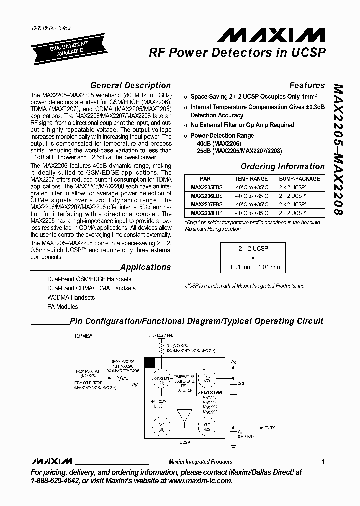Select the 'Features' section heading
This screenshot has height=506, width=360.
pyautogui.click(x=307, y=85)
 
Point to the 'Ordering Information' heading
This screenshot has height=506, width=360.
pyautogui.click(x=282, y=167)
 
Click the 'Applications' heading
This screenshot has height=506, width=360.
pyautogui.click(x=145, y=267)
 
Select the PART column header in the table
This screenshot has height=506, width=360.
pyautogui.click(x=207, y=179)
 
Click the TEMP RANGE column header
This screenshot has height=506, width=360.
pyautogui.click(x=251, y=179)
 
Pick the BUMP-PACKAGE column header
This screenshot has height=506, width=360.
pyautogui.click(x=300, y=179)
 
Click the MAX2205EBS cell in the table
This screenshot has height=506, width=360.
pyautogui.click(x=207, y=188)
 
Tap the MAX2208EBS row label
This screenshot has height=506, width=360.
pyautogui.click(x=207, y=213)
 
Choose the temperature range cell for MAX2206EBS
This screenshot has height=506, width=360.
pyautogui.click(x=251, y=196)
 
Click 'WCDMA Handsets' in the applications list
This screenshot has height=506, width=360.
pyautogui.click(x=71, y=298)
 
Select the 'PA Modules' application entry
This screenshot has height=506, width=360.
pyautogui.click(x=62, y=307)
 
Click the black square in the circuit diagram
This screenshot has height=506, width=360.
pyautogui.click(x=149, y=362)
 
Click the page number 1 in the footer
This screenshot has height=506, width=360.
pyautogui.click(x=324, y=462)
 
